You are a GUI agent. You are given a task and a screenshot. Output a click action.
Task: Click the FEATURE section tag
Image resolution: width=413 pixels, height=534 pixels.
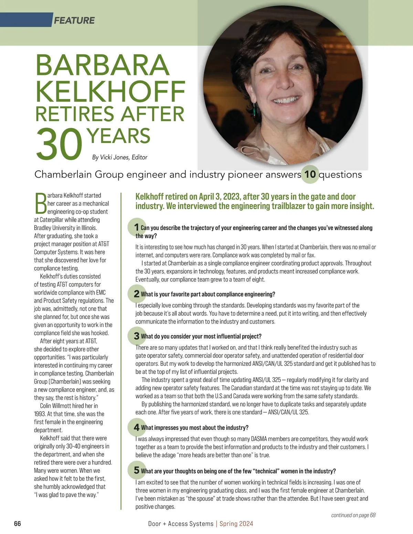pos(74,21)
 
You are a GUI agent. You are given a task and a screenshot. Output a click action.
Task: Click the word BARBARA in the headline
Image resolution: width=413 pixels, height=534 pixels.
pos(103,65)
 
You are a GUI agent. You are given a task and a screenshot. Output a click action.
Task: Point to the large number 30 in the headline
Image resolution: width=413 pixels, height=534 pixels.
pos(59,144)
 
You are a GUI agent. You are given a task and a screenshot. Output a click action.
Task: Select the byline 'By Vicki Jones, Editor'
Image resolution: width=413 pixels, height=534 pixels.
pos(119,157)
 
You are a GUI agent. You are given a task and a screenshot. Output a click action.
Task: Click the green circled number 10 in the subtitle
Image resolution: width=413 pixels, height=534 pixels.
pos(310,174)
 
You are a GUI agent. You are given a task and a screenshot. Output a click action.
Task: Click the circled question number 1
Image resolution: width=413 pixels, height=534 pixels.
pos(136,227)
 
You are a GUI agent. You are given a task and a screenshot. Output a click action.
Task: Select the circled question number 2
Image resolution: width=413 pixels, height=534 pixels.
pos(136,294)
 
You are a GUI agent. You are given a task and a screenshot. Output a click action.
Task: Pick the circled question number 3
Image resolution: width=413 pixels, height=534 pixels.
pos(136,336)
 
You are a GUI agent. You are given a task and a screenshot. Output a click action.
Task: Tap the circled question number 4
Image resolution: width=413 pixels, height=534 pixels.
pos(136,427)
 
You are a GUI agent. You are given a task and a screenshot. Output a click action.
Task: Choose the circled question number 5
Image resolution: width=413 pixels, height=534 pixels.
pos(136,470)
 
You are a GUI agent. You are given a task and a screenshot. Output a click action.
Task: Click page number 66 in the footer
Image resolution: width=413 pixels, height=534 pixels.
pos(17,524)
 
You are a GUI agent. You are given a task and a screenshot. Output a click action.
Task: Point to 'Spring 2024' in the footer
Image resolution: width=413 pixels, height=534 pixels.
pos(236,524)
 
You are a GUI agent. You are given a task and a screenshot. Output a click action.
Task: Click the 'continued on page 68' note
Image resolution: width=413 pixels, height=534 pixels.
pos(353,515)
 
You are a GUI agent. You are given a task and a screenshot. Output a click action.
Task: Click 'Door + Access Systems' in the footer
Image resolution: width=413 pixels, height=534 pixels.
pos(181,524)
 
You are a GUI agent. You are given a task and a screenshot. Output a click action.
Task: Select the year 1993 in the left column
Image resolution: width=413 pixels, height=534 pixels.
pos(40,414)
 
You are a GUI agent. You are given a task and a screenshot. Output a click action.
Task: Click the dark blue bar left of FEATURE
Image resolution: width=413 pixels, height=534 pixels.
pos(26,20)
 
